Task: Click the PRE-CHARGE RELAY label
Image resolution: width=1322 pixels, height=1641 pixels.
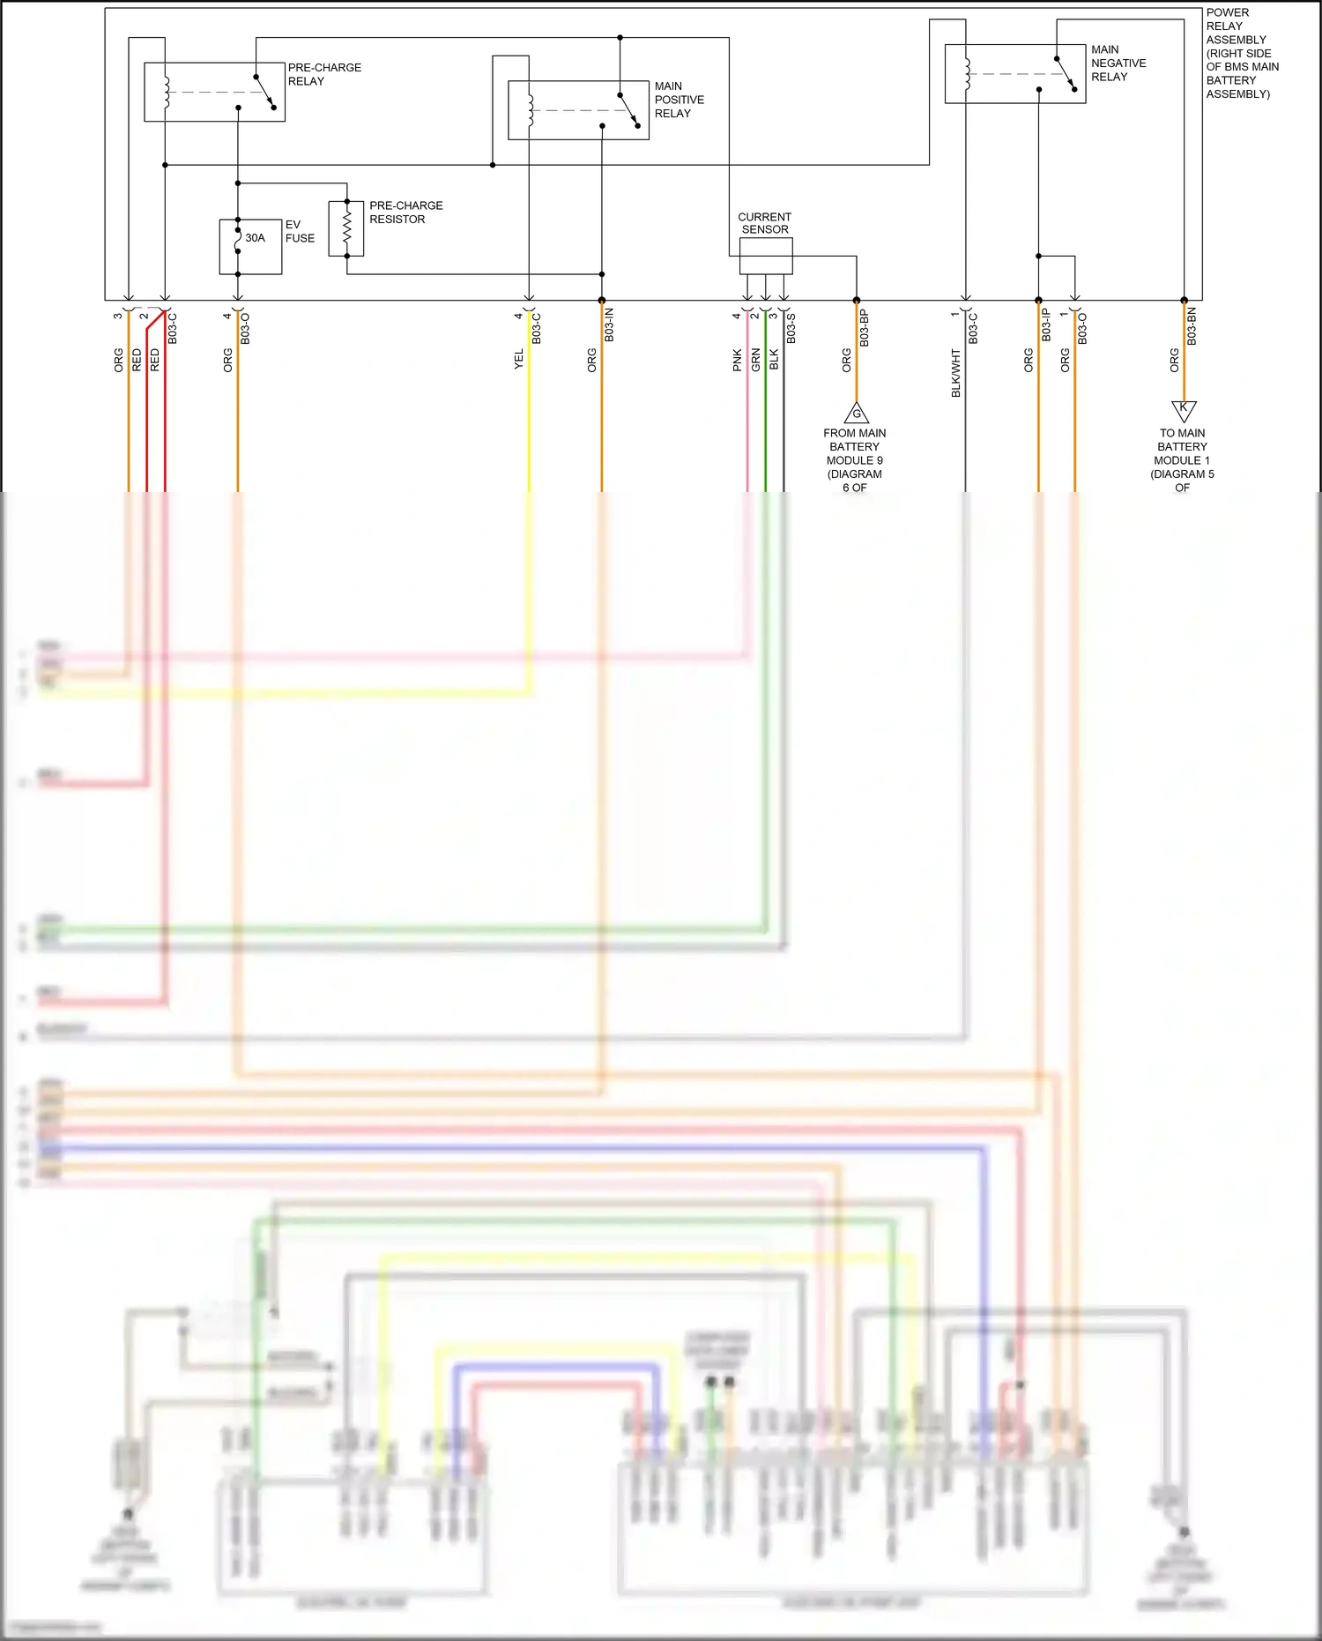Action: [x=323, y=74]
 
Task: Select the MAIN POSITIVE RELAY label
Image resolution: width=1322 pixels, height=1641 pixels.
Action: [x=679, y=100]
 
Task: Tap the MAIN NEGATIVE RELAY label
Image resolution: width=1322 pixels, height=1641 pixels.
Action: [x=1118, y=63]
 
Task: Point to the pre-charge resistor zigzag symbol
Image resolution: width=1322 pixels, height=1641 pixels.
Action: [x=346, y=229]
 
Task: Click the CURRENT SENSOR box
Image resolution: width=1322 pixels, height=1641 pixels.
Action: [x=765, y=257]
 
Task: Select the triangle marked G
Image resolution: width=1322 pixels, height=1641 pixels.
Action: [x=856, y=413]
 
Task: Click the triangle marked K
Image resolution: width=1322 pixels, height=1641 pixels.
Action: [x=1183, y=410]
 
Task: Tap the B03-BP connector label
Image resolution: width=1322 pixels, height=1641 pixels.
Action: [x=864, y=328]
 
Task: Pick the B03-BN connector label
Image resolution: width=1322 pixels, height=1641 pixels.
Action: [x=1191, y=326]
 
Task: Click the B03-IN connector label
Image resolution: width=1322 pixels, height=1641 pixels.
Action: [x=609, y=325]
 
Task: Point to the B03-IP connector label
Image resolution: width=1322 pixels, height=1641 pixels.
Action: [x=1045, y=325]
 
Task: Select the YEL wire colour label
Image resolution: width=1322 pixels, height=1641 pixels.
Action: [x=518, y=359]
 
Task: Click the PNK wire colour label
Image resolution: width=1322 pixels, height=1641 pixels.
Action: [x=737, y=360]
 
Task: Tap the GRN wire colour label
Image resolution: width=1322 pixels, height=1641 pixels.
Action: [x=755, y=359]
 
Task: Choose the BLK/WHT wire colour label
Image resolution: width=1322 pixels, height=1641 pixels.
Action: [x=955, y=373]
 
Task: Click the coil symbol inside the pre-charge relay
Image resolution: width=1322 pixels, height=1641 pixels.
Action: [x=167, y=92]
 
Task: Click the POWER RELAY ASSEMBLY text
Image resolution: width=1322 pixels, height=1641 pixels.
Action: [x=1241, y=53]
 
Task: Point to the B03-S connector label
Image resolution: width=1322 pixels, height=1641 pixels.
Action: [x=791, y=328]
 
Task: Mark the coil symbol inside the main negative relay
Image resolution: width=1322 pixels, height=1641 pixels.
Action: [x=967, y=74]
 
